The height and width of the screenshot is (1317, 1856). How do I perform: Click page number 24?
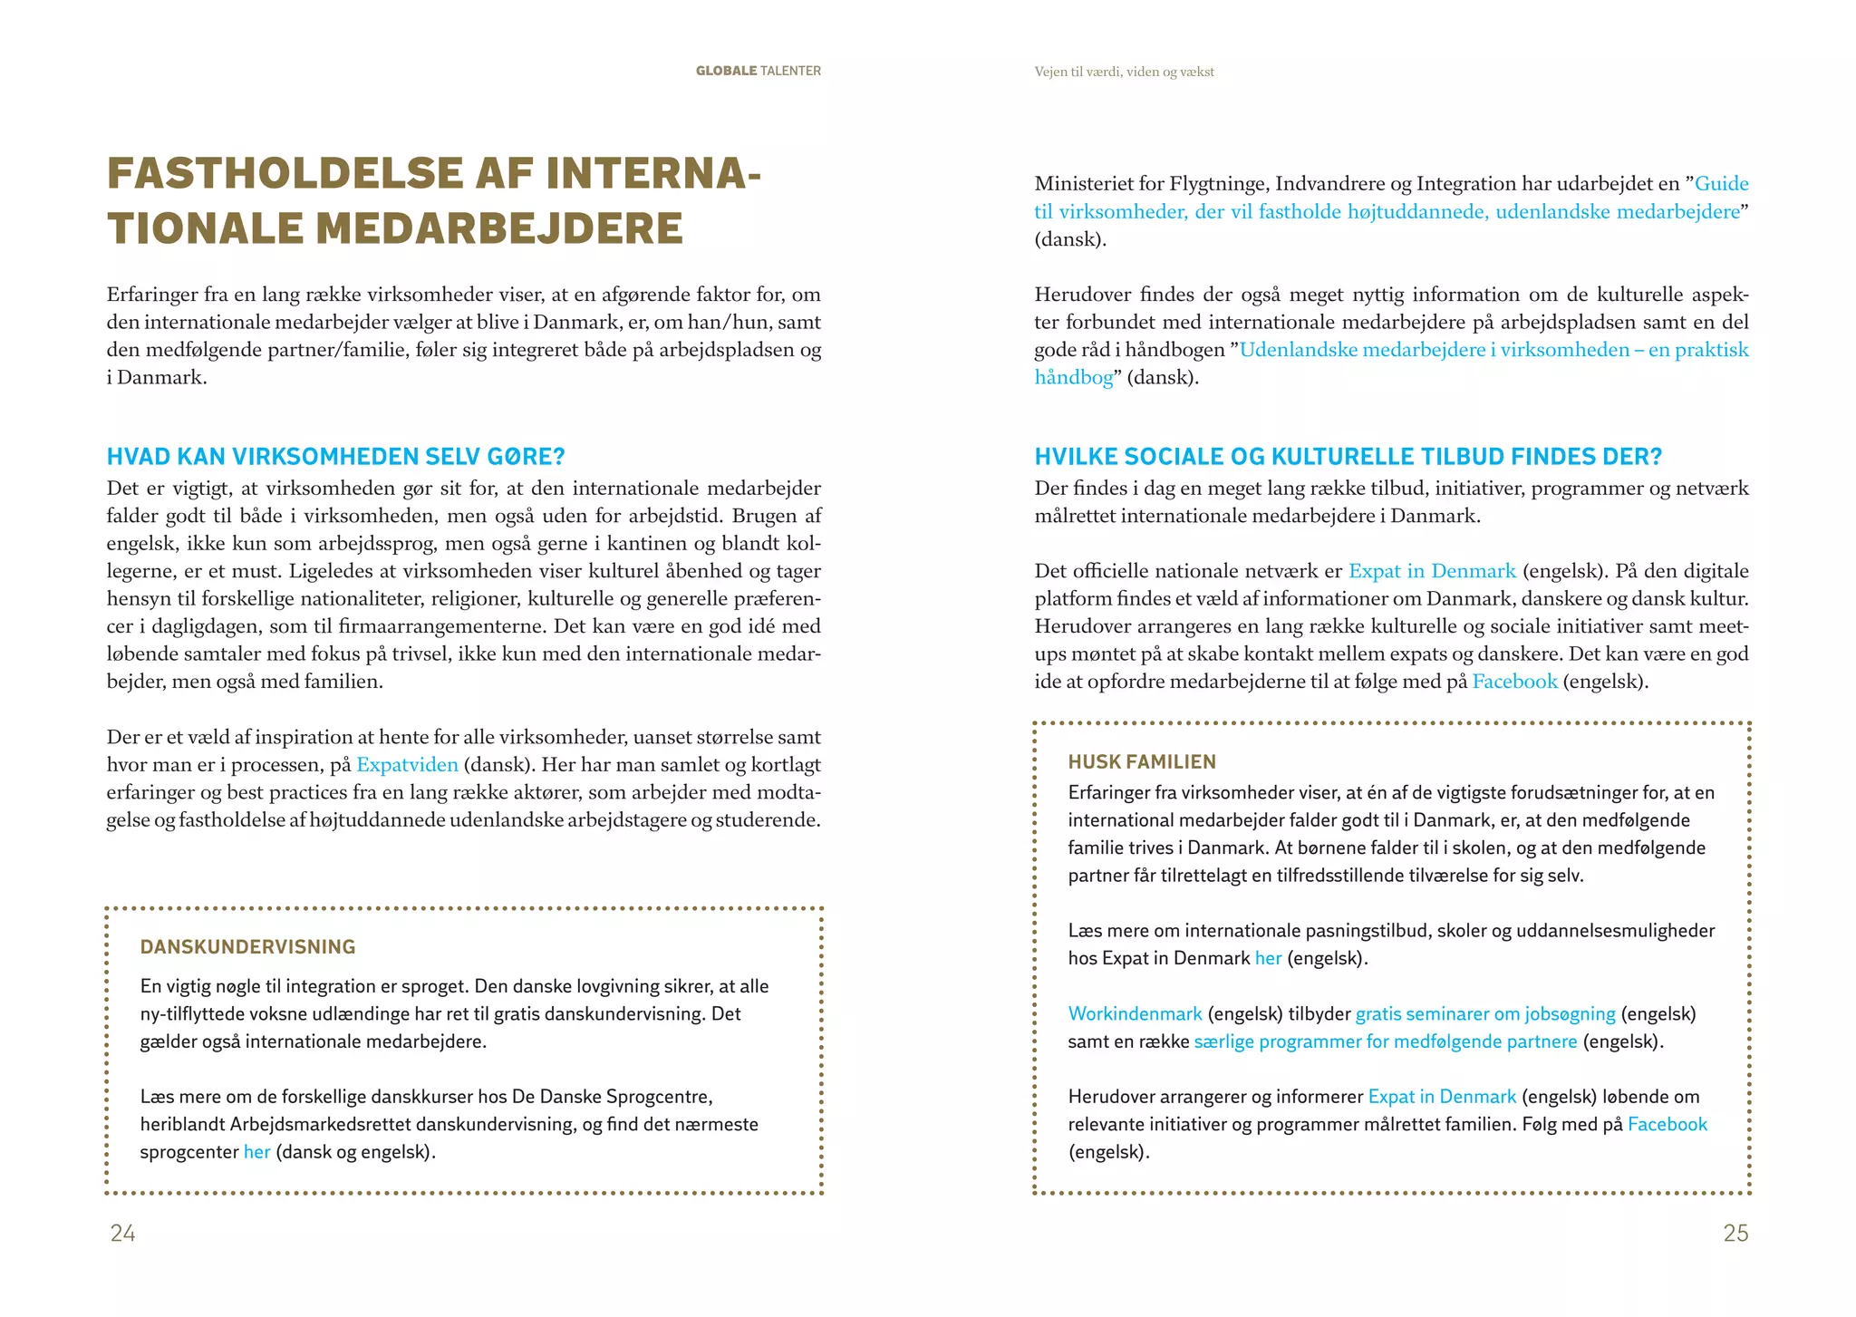(123, 1233)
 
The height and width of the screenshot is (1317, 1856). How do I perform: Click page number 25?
(1735, 1233)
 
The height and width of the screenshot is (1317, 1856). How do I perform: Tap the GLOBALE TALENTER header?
(758, 71)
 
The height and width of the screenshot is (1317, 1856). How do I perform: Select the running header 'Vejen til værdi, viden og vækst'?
(1124, 72)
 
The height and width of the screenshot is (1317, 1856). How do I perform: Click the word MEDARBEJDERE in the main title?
(498, 228)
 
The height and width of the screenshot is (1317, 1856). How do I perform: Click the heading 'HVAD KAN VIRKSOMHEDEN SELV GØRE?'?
(335, 456)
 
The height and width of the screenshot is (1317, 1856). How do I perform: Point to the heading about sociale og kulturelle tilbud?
(1348, 456)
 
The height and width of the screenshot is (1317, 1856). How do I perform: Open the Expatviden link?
(407, 765)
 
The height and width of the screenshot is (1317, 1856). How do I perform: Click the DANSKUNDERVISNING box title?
(247, 947)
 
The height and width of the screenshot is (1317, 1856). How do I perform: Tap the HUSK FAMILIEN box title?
(1142, 762)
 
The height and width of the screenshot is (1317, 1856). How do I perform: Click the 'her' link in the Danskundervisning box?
(256, 1153)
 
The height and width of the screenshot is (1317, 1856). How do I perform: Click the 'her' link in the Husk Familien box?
(1268, 958)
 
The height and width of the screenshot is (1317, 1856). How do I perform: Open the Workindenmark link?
(1135, 1014)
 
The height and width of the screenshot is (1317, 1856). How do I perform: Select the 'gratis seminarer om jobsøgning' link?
(1485, 1014)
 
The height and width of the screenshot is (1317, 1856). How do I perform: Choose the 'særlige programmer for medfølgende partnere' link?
(1386, 1041)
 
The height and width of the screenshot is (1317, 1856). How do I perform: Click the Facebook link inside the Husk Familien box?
(1667, 1125)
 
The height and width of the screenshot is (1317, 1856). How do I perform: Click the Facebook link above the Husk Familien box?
(1514, 682)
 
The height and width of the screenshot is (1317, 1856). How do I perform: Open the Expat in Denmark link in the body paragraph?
(1432, 571)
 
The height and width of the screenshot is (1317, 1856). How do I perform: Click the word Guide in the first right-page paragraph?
(1721, 184)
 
